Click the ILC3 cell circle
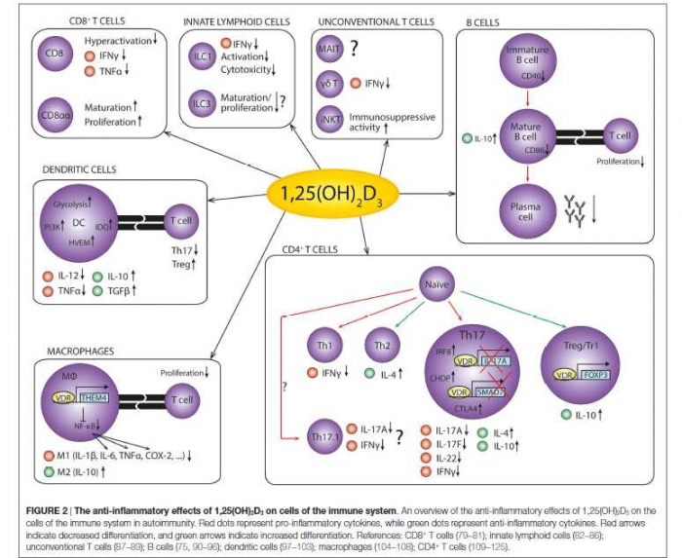[x=203, y=103]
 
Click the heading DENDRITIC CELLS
[x=79, y=169]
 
